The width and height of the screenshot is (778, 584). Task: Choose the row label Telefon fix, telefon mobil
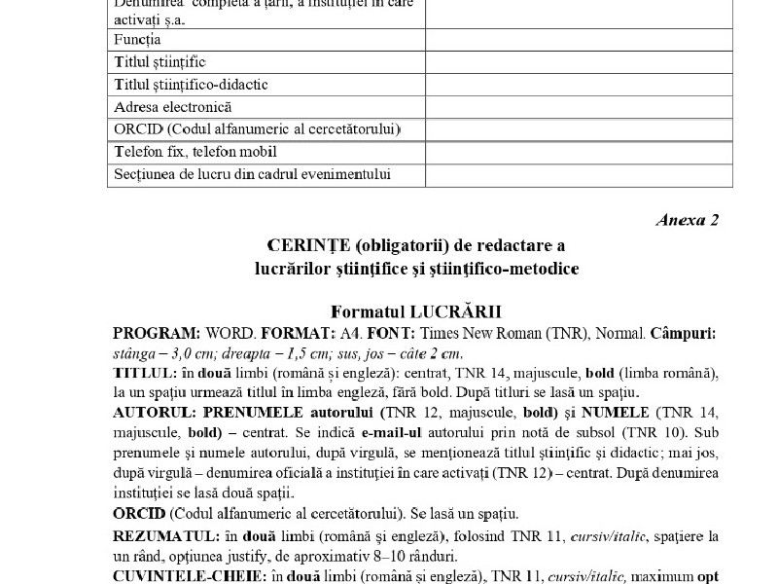click(x=194, y=152)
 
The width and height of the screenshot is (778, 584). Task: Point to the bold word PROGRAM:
click(x=152, y=334)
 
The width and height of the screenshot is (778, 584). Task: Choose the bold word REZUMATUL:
click(x=159, y=537)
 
